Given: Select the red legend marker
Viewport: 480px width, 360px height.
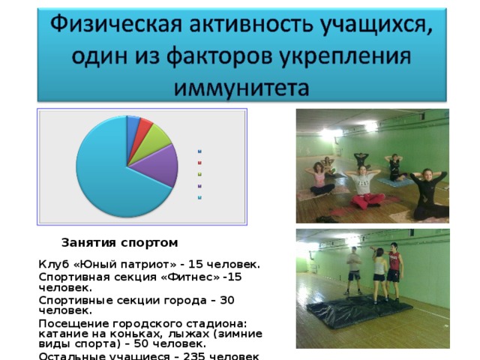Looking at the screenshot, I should pos(199,161).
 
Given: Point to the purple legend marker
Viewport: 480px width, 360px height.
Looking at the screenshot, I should pos(199,185).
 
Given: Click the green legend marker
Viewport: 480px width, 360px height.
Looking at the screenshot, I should pos(199,173).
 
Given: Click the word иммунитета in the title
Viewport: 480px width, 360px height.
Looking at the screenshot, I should pos(241,86).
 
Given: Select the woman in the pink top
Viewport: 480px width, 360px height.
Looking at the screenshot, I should pos(321,178).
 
